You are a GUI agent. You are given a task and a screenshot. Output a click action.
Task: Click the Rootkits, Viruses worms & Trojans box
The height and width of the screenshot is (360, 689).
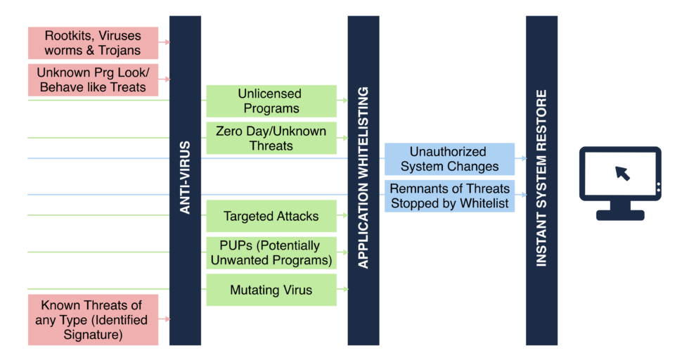pos(93,43)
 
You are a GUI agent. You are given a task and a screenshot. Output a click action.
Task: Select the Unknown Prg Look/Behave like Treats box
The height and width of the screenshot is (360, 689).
pos(93,80)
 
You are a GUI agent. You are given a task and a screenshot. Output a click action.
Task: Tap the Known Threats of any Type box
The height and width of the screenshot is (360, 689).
pos(93,319)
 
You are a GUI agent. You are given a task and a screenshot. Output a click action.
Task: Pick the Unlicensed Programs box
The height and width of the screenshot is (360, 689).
pos(271,101)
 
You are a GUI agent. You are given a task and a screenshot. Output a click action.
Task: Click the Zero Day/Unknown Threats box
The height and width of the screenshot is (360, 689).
pos(271,138)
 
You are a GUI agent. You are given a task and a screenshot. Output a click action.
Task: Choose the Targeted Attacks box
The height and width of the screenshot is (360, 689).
pos(271,216)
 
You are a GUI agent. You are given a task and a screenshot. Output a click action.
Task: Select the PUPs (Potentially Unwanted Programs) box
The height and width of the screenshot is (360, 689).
pos(271,252)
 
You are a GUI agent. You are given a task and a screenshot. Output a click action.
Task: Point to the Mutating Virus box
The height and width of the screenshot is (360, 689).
pos(271,290)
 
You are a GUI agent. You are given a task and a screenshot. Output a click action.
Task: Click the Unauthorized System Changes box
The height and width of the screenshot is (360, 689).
pos(449,159)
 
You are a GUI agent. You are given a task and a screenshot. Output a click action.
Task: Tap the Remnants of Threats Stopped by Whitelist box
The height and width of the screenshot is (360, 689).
pos(449,196)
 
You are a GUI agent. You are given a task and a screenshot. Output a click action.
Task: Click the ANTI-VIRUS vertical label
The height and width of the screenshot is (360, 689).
pos(185,178)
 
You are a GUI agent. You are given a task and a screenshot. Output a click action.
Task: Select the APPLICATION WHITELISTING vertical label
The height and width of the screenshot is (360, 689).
pos(363,178)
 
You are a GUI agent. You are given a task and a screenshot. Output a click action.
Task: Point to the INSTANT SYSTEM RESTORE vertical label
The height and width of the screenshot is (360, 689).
pos(541,178)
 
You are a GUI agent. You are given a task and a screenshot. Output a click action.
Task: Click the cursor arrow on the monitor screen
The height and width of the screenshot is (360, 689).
pos(623,173)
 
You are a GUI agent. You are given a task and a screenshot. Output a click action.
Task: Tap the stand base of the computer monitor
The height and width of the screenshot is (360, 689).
pos(620,215)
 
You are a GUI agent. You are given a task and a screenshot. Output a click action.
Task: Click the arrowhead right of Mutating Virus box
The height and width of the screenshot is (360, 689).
pos(346,289)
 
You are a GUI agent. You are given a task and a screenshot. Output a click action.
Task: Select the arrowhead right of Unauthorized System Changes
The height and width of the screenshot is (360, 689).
pos(524,158)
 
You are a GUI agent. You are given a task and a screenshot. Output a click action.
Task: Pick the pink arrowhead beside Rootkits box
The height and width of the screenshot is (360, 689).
pos(167,42)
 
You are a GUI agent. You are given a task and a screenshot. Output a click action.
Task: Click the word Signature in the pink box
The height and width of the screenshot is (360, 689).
pos(93,335)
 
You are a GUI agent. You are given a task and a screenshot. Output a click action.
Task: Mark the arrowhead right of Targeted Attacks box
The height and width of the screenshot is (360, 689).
pos(346,215)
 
